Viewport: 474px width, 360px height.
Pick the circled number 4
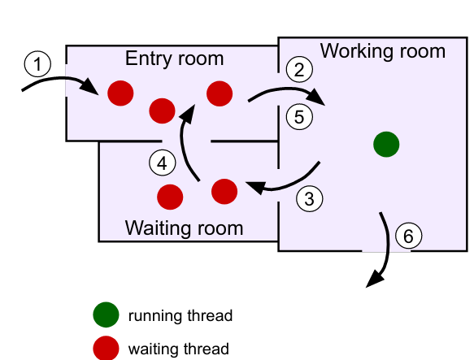click(x=163, y=163)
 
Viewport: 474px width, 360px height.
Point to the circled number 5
click(x=299, y=116)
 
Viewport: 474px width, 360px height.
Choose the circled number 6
click(x=409, y=236)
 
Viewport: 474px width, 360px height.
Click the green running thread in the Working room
click(x=386, y=145)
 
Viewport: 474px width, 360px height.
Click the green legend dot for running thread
click(x=106, y=315)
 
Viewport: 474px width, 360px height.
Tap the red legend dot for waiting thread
click(x=106, y=348)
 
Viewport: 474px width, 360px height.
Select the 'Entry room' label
click(x=174, y=59)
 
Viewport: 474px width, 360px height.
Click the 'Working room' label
click(x=383, y=51)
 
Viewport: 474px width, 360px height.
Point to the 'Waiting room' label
click(x=184, y=228)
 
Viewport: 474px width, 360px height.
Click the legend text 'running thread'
click(x=180, y=315)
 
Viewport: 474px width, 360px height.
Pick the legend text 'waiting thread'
click(x=179, y=349)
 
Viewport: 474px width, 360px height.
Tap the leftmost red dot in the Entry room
click(x=120, y=93)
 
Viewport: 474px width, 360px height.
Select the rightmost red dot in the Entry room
click(x=220, y=93)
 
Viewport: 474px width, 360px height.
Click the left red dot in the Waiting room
click(x=170, y=197)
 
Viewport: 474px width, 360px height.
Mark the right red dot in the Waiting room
click(x=224, y=191)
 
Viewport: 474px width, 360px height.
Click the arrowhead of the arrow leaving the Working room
click(x=373, y=281)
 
